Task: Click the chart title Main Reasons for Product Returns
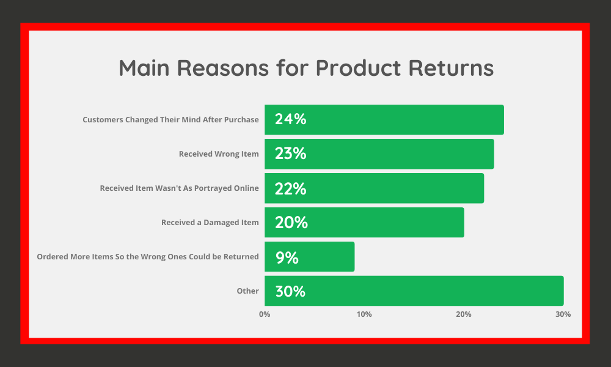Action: point(305,68)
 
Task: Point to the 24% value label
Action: point(290,119)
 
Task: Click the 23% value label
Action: point(290,154)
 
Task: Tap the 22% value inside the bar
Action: point(290,188)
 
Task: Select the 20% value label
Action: point(291,223)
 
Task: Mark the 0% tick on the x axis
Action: point(265,314)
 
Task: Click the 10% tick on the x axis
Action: point(364,314)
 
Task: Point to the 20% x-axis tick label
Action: point(464,314)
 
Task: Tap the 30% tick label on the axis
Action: point(563,314)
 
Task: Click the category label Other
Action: point(247,291)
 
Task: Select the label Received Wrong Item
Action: point(219,154)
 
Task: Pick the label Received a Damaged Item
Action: point(210,223)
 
